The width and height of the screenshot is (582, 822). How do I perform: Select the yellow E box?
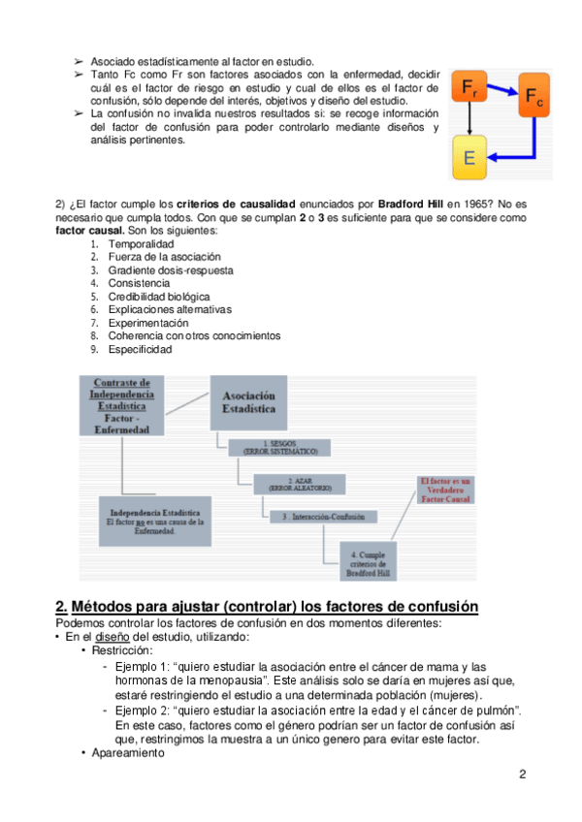pyautogui.click(x=469, y=157)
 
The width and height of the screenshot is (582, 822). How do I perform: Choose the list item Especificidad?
pyautogui.click(x=140, y=349)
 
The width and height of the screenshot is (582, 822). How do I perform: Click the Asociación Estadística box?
pyautogui.click(x=249, y=403)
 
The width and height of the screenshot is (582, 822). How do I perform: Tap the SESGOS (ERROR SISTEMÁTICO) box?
pyautogui.click(x=279, y=448)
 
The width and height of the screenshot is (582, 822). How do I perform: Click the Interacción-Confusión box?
pyautogui.click(x=324, y=517)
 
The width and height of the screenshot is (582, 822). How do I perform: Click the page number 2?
pyautogui.click(x=523, y=774)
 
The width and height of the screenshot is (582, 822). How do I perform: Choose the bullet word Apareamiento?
pyautogui.click(x=129, y=753)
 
